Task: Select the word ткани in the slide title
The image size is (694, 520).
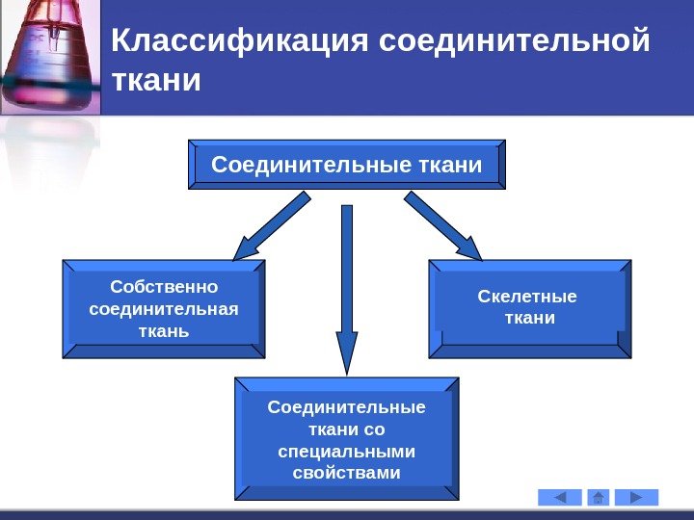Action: (x=157, y=81)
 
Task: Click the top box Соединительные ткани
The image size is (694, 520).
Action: (x=346, y=165)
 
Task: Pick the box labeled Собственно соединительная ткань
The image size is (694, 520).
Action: (x=163, y=309)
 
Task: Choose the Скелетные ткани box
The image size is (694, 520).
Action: (x=529, y=307)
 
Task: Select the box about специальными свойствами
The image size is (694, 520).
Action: (x=346, y=439)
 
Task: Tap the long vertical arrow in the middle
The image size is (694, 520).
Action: (x=346, y=289)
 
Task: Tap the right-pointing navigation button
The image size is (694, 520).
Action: (x=636, y=497)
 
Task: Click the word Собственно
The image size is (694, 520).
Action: (x=164, y=287)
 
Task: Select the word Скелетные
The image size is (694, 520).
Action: (x=527, y=296)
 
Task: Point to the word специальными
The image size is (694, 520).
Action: (x=346, y=451)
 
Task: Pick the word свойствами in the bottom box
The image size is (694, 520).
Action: (x=346, y=473)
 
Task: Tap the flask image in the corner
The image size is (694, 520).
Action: (x=48, y=58)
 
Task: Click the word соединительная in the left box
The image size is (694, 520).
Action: (x=164, y=309)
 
